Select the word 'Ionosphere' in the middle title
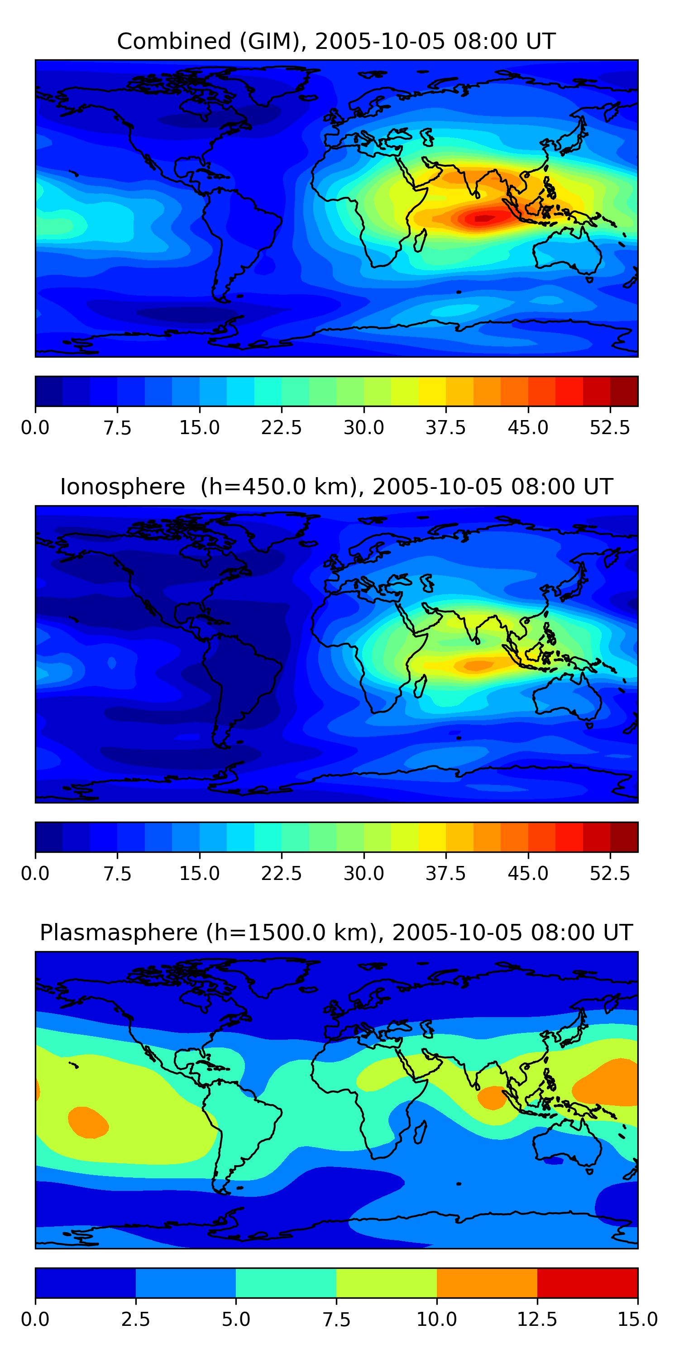(122, 487)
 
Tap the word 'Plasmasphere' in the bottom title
(119, 932)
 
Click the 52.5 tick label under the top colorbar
(610, 427)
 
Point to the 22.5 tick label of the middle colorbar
(282, 874)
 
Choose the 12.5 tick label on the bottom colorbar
(537, 1320)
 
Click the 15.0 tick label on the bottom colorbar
(637, 1320)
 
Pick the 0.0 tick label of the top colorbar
(35, 427)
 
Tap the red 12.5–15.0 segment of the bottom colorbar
(587, 1282)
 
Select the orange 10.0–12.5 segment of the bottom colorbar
(487, 1282)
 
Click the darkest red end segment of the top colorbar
(624, 391)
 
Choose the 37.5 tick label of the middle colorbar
(446, 874)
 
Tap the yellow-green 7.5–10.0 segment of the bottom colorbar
(387, 1282)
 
